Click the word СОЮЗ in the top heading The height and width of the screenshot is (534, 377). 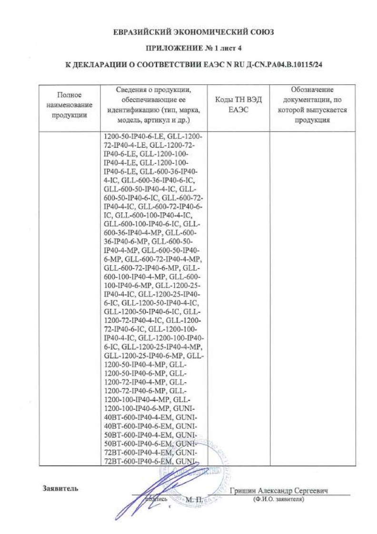260,32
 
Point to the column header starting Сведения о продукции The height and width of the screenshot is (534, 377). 154,105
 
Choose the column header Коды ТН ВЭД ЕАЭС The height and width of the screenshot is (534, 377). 239,105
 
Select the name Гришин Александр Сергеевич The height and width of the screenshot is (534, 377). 278,491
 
